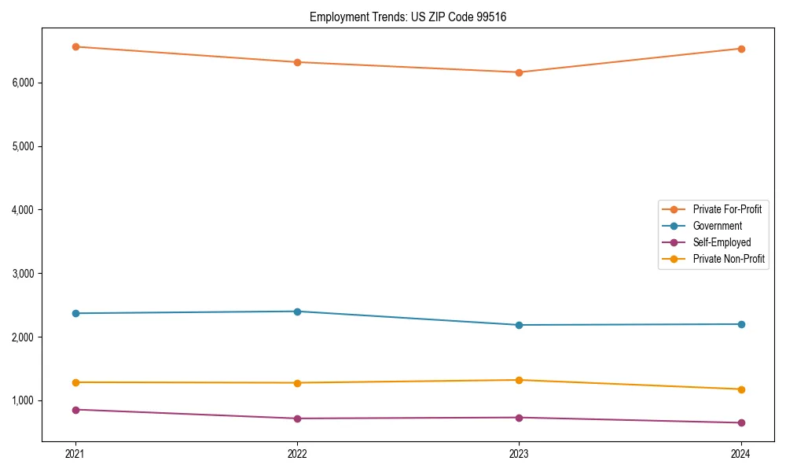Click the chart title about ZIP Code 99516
click(x=407, y=17)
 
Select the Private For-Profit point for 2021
click(x=75, y=47)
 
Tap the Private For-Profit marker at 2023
click(x=519, y=72)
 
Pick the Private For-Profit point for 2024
click(x=741, y=49)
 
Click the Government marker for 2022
click(x=297, y=312)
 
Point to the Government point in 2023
click(x=519, y=325)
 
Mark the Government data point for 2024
click(x=741, y=324)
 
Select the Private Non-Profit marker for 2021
click(x=75, y=382)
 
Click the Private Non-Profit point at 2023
click(x=519, y=380)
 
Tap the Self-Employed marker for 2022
click(x=297, y=419)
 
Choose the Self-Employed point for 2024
click(x=741, y=422)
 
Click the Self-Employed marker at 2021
click(x=75, y=410)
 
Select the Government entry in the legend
click(x=717, y=226)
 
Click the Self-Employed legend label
click(x=722, y=242)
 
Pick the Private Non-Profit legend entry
click(x=729, y=259)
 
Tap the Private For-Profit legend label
click(x=727, y=209)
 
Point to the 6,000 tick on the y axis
click(x=27, y=83)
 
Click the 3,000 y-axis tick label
click(x=27, y=274)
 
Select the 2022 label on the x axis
click(x=297, y=454)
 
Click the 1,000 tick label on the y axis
click(x=27, y=401)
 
